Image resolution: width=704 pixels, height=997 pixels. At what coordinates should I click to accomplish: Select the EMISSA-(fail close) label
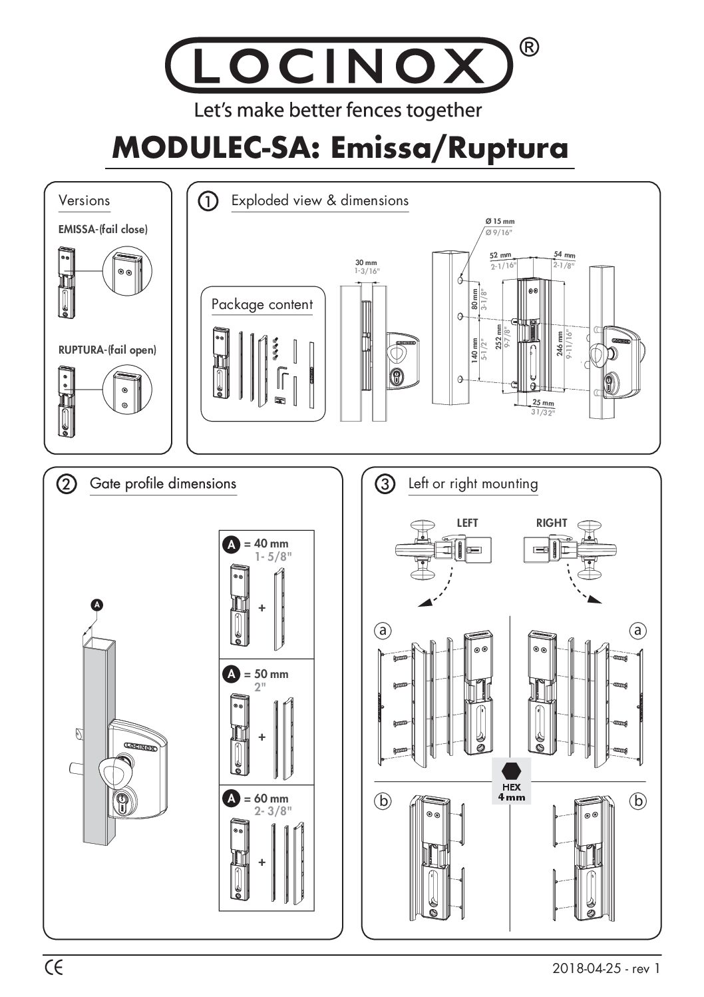click(x=103, y=230)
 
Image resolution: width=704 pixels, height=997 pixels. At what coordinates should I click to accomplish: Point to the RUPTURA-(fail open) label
click(x=107, y=350)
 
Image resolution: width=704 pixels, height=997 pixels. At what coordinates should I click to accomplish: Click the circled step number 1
click(x=209, y=201)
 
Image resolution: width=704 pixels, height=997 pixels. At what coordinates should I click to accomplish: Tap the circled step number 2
click(x=67, y=485)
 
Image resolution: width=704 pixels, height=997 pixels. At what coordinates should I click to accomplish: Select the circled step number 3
click(x=385, y=485)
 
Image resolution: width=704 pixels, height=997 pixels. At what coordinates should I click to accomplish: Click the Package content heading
click(x=262, y=304)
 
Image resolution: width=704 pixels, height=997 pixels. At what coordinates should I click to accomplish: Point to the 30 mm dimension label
click(x=365, y=263)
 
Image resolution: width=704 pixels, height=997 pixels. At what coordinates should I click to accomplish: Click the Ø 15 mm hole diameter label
click(x=500, y=221)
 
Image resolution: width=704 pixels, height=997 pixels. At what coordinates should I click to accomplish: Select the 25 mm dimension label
click(x=543, y=404)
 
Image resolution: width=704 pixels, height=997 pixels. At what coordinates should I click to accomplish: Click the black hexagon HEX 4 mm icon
click(x=511, y=771)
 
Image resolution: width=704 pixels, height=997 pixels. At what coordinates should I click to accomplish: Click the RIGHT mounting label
click(x=552, y=523)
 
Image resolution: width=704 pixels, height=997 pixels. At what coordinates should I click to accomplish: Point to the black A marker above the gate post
click(x=97, y=605)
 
